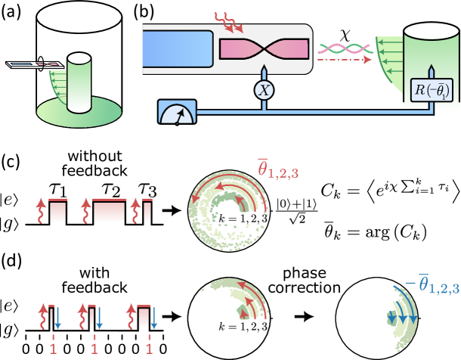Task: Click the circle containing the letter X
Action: pos(264,91)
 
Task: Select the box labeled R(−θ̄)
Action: pos(431,90)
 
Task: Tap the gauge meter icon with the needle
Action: pos(177,112)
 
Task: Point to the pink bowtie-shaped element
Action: pos(264,49)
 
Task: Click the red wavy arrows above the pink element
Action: pos(228,22)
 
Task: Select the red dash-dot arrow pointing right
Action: pos(345,60)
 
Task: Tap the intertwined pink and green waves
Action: pos(345,48)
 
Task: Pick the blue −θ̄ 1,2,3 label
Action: pos(432,285)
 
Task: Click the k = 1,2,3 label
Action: pos(243,219)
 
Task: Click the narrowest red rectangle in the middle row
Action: pos(147,213)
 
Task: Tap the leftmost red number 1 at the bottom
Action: pos(53,349)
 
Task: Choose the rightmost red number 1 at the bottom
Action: pos(149,349)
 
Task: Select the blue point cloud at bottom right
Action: pos(400,318)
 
